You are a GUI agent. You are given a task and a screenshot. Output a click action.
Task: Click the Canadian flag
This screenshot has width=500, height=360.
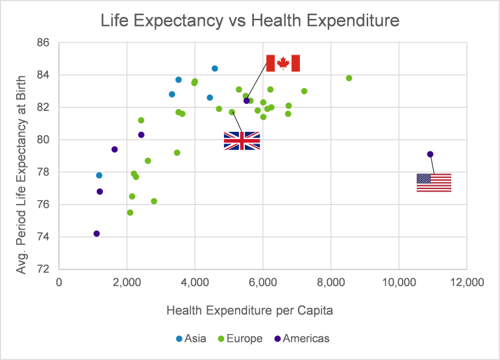pos(283,63)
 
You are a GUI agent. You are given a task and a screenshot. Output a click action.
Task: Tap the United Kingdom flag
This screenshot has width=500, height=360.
pos(242,141)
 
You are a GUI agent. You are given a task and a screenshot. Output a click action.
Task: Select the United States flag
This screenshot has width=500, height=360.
pos(434,183)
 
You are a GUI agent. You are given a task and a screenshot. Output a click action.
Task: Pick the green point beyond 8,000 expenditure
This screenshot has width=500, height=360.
pos(349,78)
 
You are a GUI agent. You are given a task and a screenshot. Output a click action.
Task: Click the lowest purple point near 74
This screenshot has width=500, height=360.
pos(97,233)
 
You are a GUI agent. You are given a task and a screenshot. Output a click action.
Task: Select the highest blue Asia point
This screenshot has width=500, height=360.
pos(215,68)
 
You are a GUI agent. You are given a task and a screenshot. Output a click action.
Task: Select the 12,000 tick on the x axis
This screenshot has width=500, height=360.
pos(466,282)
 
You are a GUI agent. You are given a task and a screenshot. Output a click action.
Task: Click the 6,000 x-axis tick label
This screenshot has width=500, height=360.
pos(262,282)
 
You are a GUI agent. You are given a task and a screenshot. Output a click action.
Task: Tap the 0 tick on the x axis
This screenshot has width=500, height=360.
pos(59,282)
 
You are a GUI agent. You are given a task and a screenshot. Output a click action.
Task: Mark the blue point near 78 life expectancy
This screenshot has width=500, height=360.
pos(99,175)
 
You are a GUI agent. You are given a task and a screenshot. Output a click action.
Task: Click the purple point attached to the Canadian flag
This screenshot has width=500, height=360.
pos(247,101)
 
